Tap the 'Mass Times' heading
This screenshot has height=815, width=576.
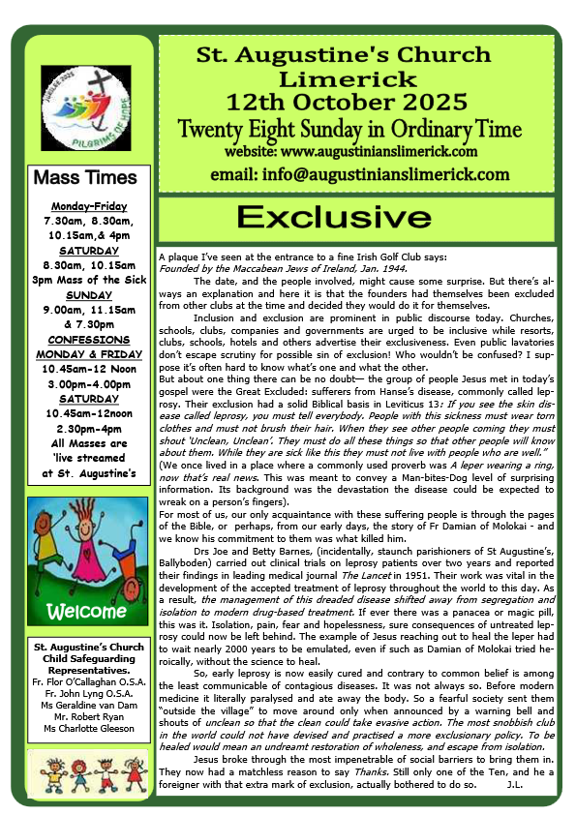[85, 178]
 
